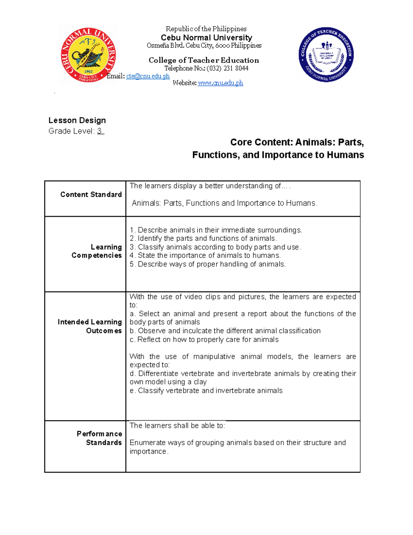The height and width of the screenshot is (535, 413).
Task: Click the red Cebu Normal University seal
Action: point(88,55)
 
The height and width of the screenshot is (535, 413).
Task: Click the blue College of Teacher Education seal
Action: point(326,54)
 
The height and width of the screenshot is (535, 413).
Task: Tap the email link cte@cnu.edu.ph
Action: point(148,76)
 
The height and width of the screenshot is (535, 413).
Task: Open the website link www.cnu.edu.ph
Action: point(220,83)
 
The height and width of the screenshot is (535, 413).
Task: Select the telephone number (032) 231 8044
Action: point(227,68)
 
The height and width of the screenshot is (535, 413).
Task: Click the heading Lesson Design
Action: point(77,120)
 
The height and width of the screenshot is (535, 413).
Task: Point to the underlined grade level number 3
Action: point(100,131)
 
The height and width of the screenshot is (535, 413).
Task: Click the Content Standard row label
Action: point(91,195)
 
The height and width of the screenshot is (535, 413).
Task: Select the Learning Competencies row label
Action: point(97,251)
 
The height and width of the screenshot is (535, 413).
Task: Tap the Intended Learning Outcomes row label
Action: point(90,326)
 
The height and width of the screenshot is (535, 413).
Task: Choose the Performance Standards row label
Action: point(99,438)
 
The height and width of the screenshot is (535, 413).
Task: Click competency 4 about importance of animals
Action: point(205,255)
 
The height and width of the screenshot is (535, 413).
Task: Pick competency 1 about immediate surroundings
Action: point(216,230)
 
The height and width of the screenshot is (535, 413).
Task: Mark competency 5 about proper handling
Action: point(208,264)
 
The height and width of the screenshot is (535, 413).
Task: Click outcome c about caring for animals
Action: point(204,340)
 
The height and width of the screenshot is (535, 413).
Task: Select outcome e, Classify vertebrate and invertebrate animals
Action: point(206,391)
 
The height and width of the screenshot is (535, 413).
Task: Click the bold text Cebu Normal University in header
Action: point(206,38)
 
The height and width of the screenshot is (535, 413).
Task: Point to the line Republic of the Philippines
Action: point(206,29)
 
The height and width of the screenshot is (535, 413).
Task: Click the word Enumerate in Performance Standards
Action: point(145,443)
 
